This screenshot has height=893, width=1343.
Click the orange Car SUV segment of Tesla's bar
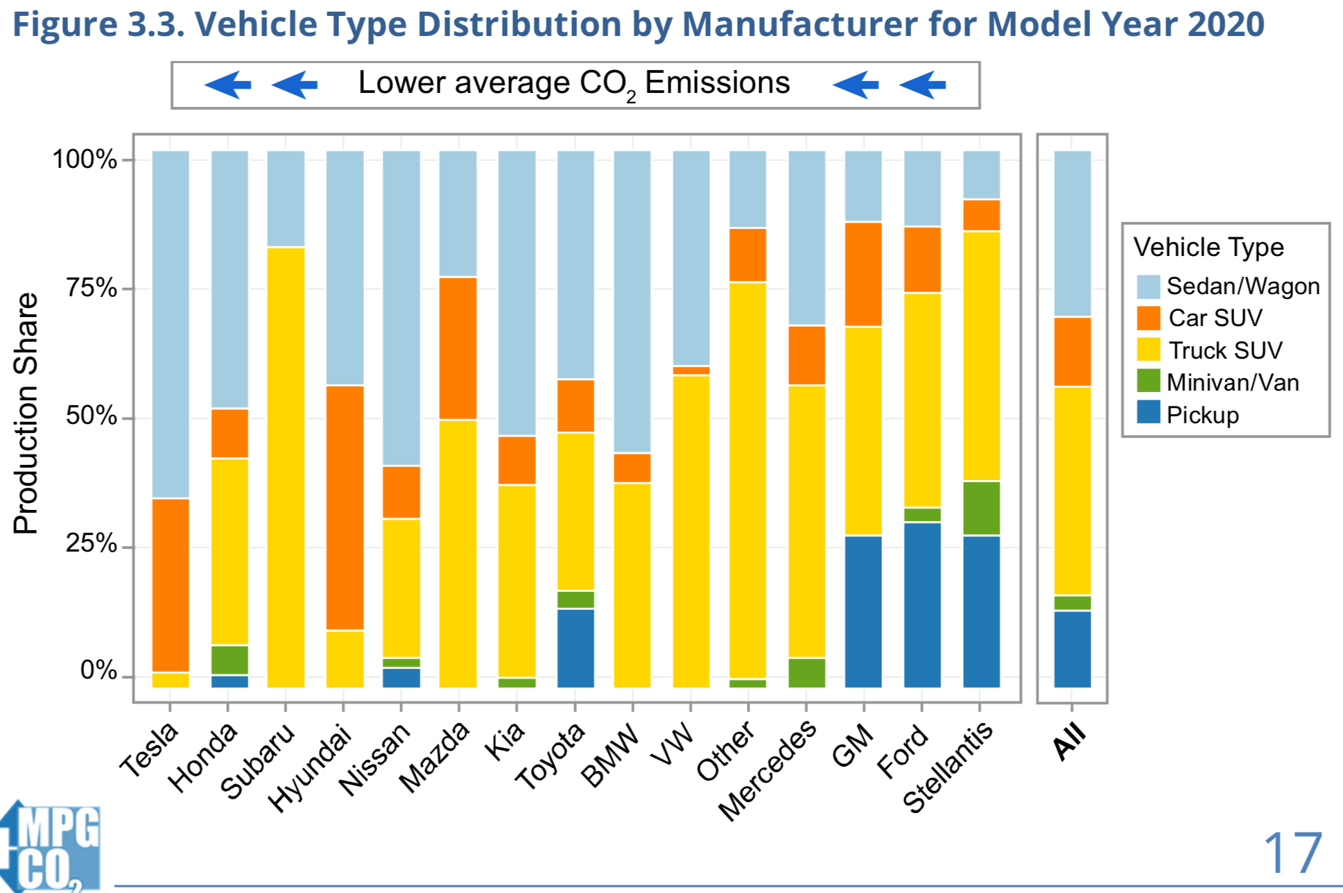click(171, 585)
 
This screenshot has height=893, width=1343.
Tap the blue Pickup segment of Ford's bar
click(922, 604)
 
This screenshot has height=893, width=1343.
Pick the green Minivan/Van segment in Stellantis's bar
click(981, 508)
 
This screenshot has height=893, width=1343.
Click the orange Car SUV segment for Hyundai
click(345, 507)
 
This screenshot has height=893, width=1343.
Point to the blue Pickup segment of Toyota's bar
click(575, 648)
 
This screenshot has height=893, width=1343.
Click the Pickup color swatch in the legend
click(1148, 412)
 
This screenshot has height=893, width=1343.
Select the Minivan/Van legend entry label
click(1232, 382)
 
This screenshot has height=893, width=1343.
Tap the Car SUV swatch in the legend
click(1148, 318)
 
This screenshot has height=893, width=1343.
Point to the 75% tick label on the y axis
click(91, 287)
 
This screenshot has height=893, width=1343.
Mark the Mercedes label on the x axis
click(768, 770)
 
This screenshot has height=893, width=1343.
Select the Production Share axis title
click(26, 413)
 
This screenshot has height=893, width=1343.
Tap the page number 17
click(1292, 853)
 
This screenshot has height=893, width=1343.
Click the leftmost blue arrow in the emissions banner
click(227, 85)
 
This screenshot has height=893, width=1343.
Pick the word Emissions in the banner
click(717, 83)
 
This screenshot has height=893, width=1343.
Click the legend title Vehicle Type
click(1208, 247)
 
